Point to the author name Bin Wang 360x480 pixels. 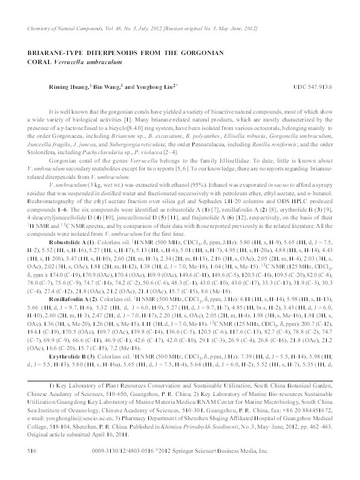pos(106,87)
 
